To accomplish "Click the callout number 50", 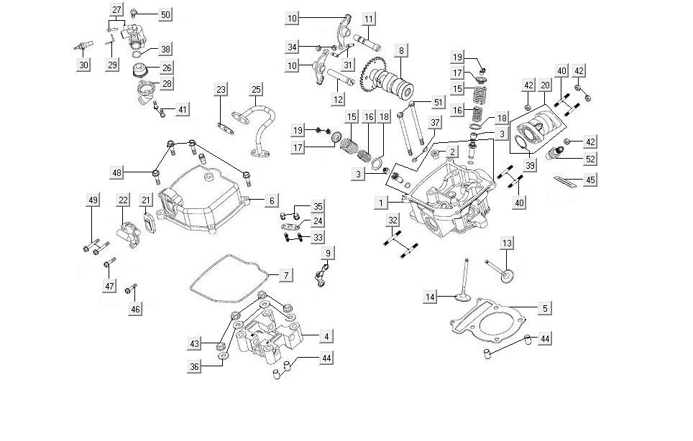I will [x=165, y=15].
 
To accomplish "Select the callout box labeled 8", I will [x=401, y=51].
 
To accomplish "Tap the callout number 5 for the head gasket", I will [x=545, y=309].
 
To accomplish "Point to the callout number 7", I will [x=285, y=275].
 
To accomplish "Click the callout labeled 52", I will [x=589, y=159].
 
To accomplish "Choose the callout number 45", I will [x=589, y=180].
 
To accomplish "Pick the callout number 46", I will [x=136, y=309].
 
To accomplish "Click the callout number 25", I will [x=257, y=90].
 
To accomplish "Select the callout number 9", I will [x=327, y=253].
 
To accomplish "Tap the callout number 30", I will [x=84, y=65].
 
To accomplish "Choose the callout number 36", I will [x=194, y=366].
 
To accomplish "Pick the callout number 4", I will [x=326, y=336].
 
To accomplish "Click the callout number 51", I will [x=439, y=103].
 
